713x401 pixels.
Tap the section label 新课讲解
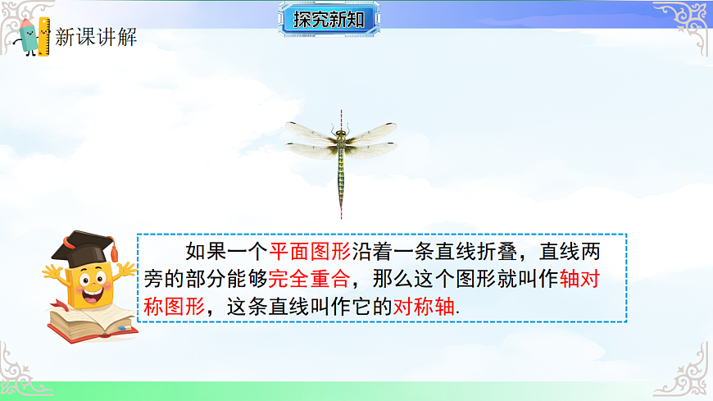pyautogui.click(x=96, y=37)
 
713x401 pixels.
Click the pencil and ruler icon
pyautogui.click(x=34, y=35)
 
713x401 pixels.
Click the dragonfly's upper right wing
pyautogui.click(x=371, y=131)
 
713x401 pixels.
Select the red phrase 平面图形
pyautogui.click(x=298, y=252)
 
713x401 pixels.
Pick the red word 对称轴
pyautogui.click(x=423, y=308)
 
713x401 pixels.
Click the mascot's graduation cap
pyautogui.click(x=83, y=244)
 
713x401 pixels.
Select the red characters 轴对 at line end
pyautogui.click(x=581, y=280)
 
